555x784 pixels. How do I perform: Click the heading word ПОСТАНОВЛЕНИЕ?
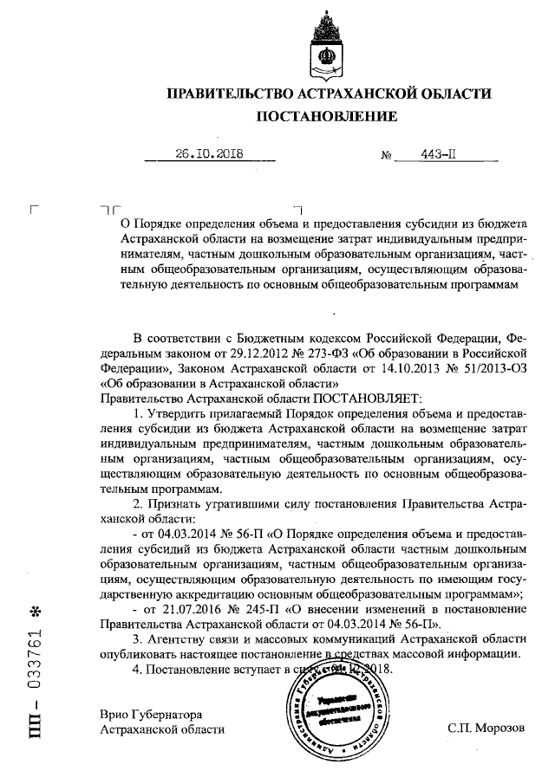click(x=326, y=117)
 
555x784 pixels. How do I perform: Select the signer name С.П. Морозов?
click(x=486, y=729)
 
